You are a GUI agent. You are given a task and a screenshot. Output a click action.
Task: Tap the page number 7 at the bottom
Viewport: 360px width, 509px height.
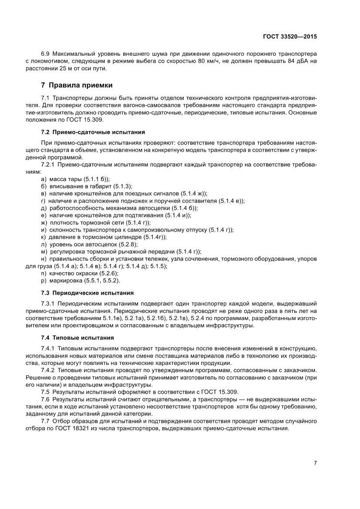tap(315, 463)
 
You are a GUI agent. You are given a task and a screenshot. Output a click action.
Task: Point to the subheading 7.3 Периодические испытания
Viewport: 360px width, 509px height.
tap(87, 292)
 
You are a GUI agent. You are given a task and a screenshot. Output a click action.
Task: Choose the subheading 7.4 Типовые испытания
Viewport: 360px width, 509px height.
tap(77, 337)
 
